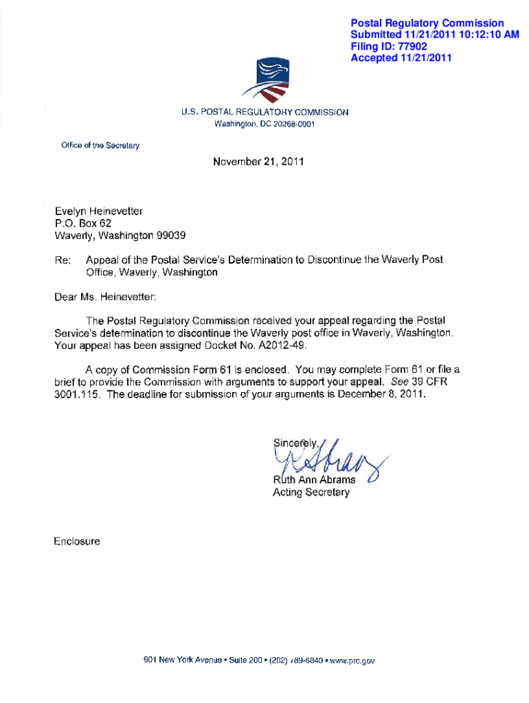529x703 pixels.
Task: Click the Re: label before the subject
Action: (x=62, y=261)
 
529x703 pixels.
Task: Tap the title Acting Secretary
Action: (x=311, y=492)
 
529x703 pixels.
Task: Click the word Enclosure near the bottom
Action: (x=77, y=542)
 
